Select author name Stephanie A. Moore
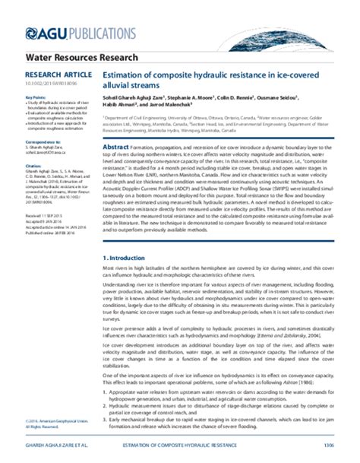(186, 98)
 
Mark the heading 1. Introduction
(128, 259)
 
